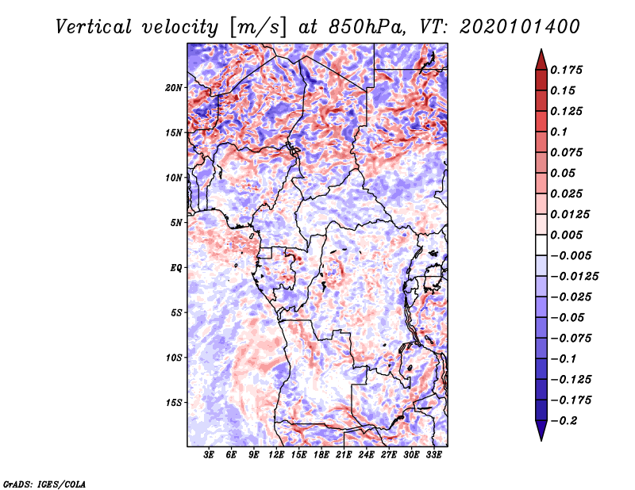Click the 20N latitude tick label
pos(174,87)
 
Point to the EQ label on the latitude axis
pos(176,268)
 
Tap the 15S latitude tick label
pos(174,403)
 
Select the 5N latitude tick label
pos(176,223)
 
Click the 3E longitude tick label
pos(210,456)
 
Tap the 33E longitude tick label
pos(434,456)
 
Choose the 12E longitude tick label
pos(277,456)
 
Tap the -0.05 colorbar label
pos(567,317)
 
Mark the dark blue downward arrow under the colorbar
pos(540,431)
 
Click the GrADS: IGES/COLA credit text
pos(44,484)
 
